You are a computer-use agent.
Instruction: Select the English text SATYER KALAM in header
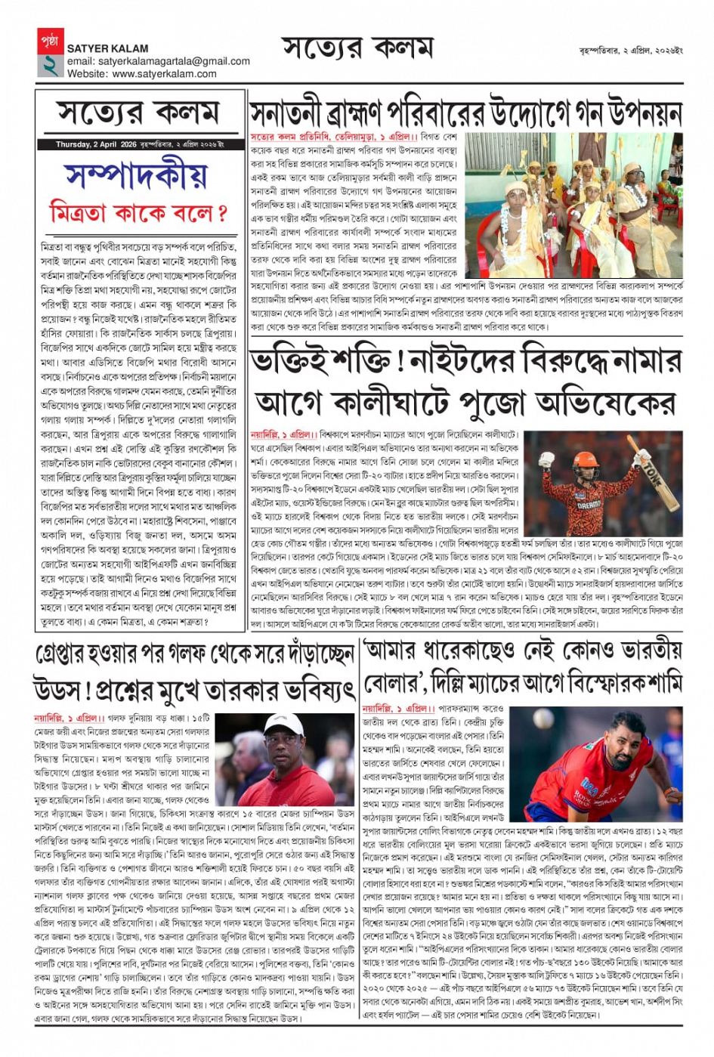107,48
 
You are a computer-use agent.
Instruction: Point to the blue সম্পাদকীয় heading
141,175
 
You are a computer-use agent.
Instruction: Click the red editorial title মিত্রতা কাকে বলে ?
139,212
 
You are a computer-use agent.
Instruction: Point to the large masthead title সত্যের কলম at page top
357,49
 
